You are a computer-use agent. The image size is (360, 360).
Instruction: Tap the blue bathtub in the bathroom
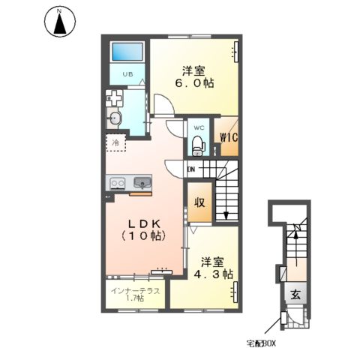tap(127, 52)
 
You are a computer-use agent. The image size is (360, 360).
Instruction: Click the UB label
tap(127, 74)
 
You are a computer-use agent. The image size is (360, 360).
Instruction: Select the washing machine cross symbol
tap(114, 98)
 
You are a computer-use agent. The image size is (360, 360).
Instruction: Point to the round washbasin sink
tap(115, 118)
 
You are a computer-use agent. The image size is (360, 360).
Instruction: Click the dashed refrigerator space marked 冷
tap(115, 142)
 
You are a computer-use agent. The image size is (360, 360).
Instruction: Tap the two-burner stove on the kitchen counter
tap(118, 183)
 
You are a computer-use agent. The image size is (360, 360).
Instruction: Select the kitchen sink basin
tap(142, 182)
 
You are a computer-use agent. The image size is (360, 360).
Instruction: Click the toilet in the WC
tap(199, 145)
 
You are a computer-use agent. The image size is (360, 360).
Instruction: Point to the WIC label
tap(229, 137)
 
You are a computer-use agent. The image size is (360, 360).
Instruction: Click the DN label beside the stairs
tap(191, 169)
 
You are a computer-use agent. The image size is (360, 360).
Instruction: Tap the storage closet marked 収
tap(200, 202)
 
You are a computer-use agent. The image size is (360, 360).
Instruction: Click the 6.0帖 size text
tap(194, 83)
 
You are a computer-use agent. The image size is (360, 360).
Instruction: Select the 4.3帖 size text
tap(214, 274)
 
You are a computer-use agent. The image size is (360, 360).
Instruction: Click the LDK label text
tap(145, 223)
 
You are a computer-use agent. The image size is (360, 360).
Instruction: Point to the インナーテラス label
tap(135, 291)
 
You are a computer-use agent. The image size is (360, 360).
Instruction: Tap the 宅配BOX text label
tap(261, 343)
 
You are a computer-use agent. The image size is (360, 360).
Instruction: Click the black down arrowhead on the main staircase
tap(226, 215)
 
